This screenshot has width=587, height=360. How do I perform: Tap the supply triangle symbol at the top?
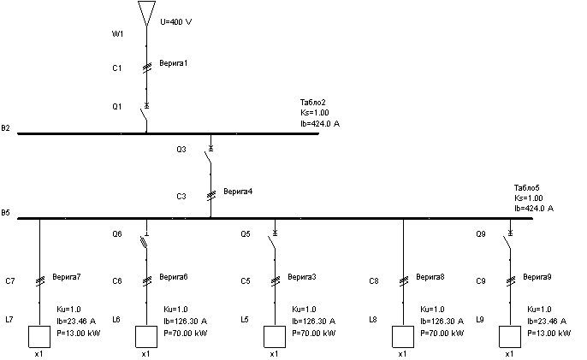[146, 12]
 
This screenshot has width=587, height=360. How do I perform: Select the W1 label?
[118, 35]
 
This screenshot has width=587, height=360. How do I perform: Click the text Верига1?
[173, 63]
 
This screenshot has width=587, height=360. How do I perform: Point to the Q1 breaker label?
[118, 107]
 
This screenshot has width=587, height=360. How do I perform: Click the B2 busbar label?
[6, 129]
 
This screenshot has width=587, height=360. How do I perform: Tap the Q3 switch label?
[181, 150]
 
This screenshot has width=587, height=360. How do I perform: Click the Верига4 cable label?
[237, 192]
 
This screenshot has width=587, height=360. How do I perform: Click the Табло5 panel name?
[526, 188]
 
